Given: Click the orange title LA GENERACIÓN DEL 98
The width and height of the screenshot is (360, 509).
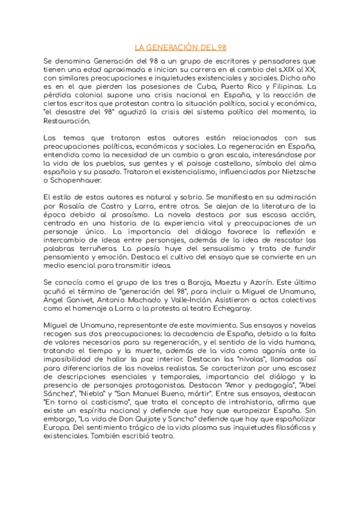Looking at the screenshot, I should click(x=180, y=47).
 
